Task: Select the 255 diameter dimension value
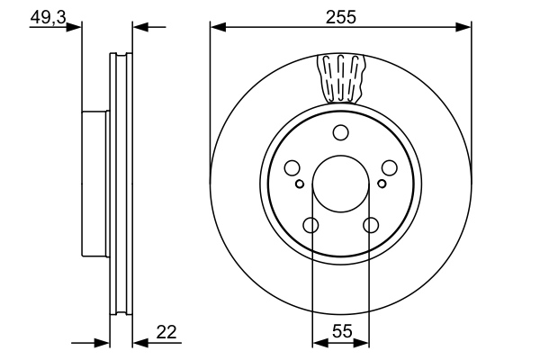(341, 16)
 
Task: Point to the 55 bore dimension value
(340, 331)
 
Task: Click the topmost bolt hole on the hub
(340, 133)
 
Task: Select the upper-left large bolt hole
(292, 168)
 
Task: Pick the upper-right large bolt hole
(389, 168)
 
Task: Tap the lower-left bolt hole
(310, 225)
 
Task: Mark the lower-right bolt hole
(371, 225)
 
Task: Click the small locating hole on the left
(300, 184)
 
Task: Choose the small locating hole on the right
(381, 184)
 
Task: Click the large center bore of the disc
(340, 185)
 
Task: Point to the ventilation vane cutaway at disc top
(342, 77)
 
